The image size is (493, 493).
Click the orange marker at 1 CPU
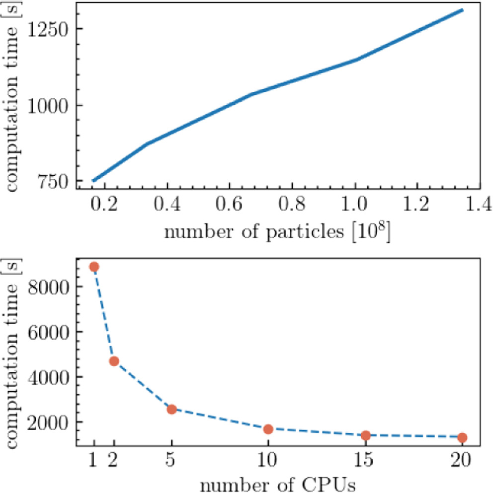click(94, 267)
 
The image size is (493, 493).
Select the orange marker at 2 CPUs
click(114, 361)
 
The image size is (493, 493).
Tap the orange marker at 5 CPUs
click(171, 410)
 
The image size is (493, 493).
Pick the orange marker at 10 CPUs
click(268, 429)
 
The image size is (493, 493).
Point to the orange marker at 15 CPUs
click(366, 435)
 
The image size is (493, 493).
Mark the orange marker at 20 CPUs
click(462, 437)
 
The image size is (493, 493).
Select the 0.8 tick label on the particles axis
click(291, 205)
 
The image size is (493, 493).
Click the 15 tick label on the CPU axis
click(366, 460)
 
